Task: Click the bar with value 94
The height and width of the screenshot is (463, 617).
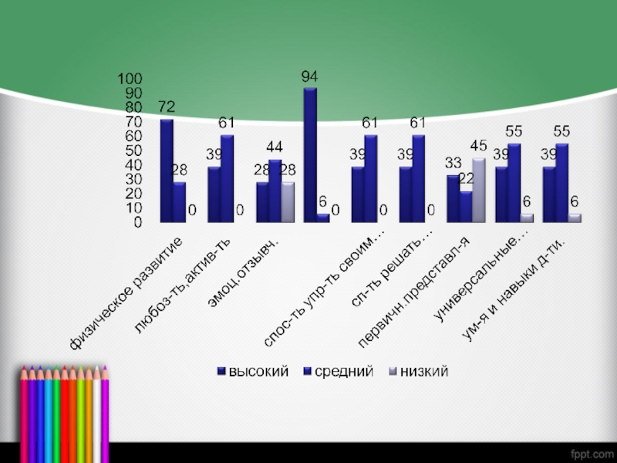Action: pyautogui.click(x=310, y=154)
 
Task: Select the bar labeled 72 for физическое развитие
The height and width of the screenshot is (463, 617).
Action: pyautogui.click(x=167, y=171)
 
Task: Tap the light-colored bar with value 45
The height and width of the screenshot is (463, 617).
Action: pyautogui.click(x=478, y=190)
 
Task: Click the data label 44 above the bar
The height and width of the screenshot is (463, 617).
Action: pyautogui.click(x=275, y=147)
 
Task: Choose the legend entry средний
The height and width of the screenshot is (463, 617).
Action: pyautogui.click(x=340, y=371)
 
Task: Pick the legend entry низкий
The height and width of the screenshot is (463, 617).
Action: pyautogui.click(x=420, y=371)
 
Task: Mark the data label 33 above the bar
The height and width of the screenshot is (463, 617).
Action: pyautogui.click(x=453, y=164)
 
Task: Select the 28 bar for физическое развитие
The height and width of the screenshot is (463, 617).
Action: pyautogui.click(x=179, y=202)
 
